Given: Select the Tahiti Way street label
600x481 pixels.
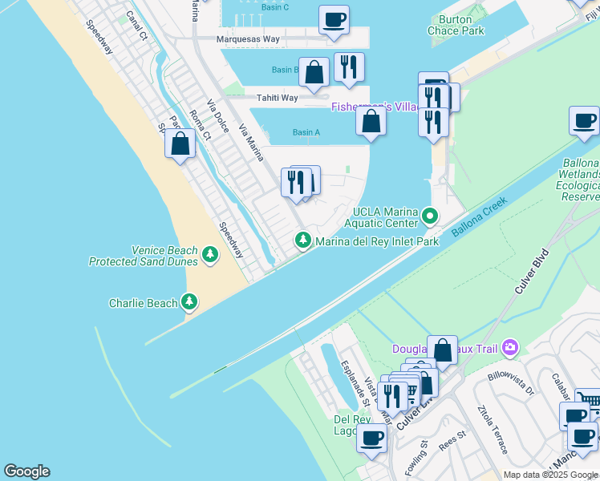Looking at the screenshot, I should pos(277,98).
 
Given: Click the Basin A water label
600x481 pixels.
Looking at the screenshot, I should pos(306,132).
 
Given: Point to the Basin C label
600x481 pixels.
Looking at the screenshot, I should pos(274,7).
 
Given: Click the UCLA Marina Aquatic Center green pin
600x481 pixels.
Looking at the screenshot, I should pos(431,215).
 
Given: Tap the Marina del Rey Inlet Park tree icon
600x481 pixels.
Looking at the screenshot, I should pos(303,239).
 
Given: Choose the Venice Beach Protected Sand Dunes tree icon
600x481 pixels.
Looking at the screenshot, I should pos(210,255).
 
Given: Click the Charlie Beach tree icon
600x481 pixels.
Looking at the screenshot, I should pos(189,302).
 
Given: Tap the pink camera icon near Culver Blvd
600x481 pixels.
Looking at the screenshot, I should pos(509,348).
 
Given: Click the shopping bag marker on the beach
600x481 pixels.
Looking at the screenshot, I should pos(180,144).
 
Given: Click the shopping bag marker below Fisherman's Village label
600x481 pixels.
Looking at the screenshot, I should pos(371,122).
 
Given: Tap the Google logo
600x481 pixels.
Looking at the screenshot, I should pos(26,471).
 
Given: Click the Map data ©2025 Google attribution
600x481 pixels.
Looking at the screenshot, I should pos(549,475).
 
